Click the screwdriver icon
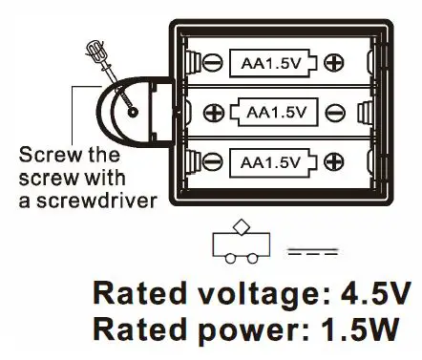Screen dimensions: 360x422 click(x=102, y=60)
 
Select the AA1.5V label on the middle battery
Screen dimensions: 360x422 click(x=277, y=112)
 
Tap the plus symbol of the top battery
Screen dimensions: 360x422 click(x=333, y=63)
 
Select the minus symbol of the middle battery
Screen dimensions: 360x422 click(x=334, y=112)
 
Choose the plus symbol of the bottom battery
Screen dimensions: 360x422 click(x=333, y=159)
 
